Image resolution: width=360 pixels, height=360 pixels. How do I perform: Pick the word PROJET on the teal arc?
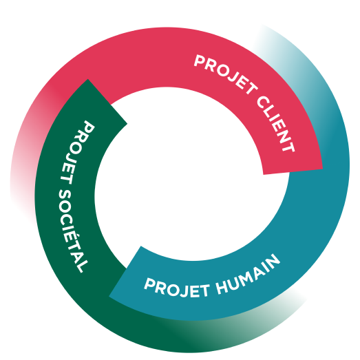177,288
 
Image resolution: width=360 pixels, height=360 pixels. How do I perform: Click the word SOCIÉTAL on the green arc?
72,231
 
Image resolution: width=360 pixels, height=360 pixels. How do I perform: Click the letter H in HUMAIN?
222,288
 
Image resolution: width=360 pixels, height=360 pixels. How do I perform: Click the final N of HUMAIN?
273,261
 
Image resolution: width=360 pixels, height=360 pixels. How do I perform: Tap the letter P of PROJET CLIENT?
200,61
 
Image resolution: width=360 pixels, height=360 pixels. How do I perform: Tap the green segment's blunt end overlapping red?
107,101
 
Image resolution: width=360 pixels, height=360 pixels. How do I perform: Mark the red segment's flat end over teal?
293,171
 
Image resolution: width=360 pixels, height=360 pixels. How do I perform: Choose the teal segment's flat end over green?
125,271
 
